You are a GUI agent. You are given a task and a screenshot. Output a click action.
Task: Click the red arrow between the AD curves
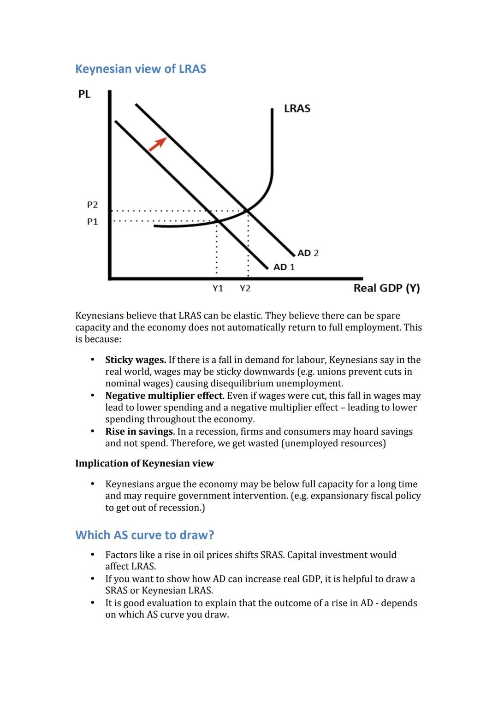pos(157,144)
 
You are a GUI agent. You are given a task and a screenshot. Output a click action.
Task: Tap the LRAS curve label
pos(297,108)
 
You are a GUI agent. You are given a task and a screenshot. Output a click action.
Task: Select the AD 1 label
pos(284,267)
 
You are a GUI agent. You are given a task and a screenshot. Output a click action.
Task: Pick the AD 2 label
pos(308,253)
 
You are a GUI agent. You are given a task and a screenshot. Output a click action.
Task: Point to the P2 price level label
pos(92,204)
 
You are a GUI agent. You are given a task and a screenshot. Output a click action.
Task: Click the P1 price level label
pos(92,222)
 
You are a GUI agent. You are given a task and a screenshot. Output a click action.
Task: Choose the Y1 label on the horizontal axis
pos(218,288)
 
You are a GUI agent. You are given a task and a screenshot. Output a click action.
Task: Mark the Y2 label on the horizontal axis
pos(245,288)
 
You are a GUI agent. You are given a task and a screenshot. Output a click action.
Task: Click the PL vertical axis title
pos(84,94)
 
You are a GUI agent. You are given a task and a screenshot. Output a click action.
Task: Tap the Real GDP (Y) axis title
pos(386,288)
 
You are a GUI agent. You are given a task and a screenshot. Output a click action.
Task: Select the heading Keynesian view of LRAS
pos(141,69)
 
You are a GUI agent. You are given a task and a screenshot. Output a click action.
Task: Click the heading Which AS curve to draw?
pos(145,535)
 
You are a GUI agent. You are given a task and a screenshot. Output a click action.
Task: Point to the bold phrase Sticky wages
pos(136,360)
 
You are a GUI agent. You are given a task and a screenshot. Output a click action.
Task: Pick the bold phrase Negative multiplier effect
pos(164,396)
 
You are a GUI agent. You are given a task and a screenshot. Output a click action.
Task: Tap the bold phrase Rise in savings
pos(139,432)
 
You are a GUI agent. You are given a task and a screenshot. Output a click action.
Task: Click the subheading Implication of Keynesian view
pos(144,463)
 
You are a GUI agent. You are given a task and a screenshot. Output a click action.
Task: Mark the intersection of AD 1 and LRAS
pos(219,222)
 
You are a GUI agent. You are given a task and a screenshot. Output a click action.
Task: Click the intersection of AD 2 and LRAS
pos(247,211)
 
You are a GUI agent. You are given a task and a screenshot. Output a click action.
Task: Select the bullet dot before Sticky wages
pos(93,360)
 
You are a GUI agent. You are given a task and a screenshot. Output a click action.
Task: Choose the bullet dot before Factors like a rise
pos(93,555)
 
